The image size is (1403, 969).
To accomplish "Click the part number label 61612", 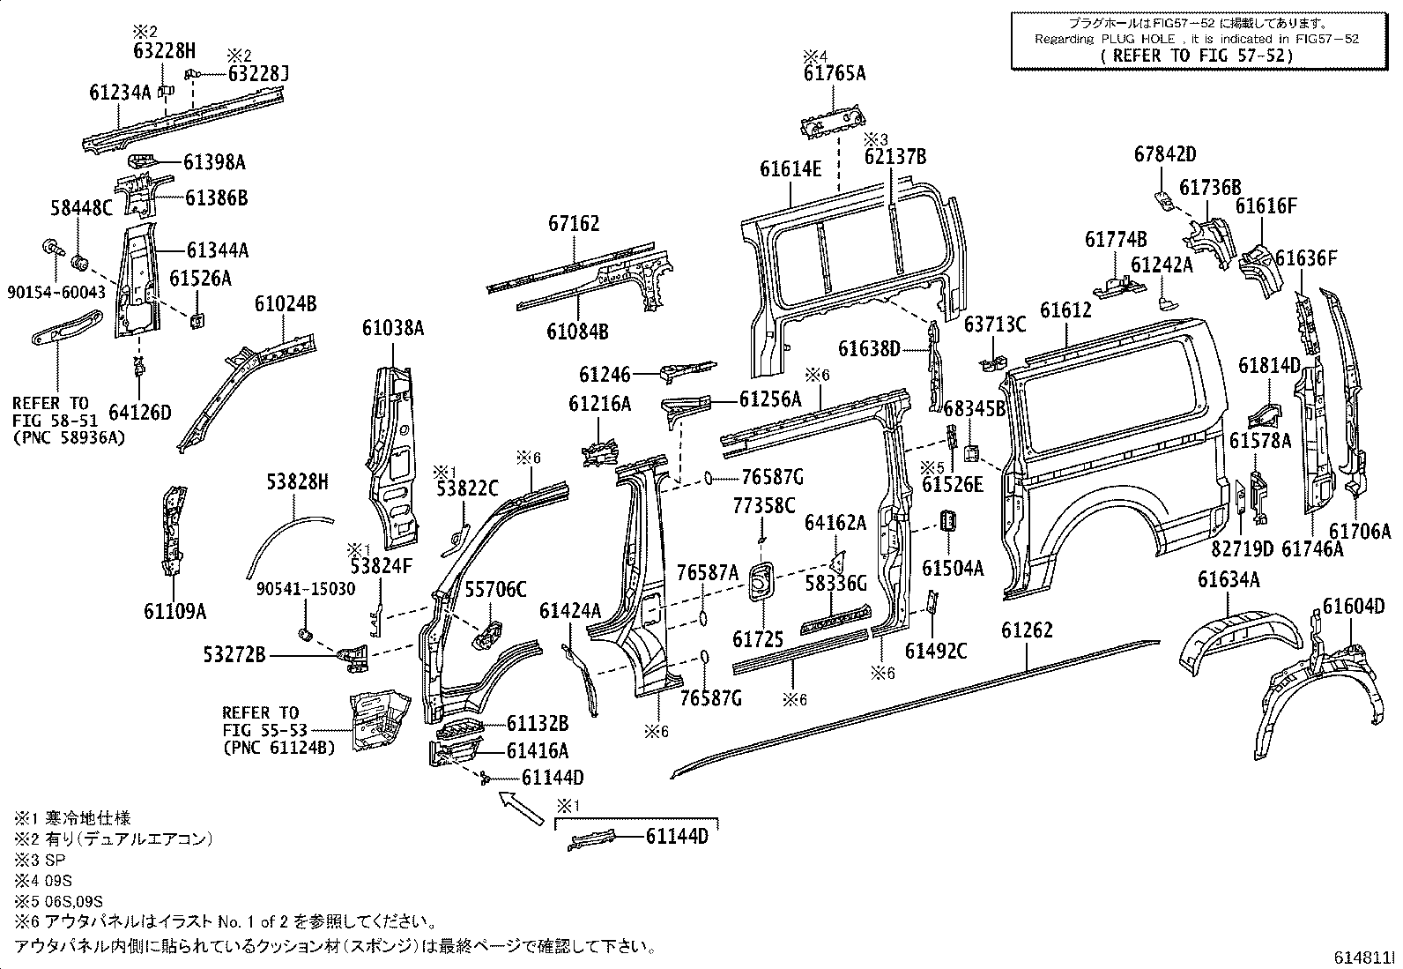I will [1065, 309].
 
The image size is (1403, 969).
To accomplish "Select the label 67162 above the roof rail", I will [572, 223].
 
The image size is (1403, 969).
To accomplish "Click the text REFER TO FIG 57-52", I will [1198, 55].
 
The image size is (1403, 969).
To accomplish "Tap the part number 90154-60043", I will [55, 291].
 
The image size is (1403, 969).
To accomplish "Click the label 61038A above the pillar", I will [393, 328].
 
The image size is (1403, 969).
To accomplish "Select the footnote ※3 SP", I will [41, 859].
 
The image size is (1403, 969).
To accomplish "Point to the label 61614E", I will [791, 168].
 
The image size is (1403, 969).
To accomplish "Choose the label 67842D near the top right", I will [1165, 154].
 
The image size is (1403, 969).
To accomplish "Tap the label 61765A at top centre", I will [834, 74].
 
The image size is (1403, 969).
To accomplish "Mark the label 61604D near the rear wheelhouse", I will [1354, 606].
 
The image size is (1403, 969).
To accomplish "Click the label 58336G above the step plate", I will [835, 583].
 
